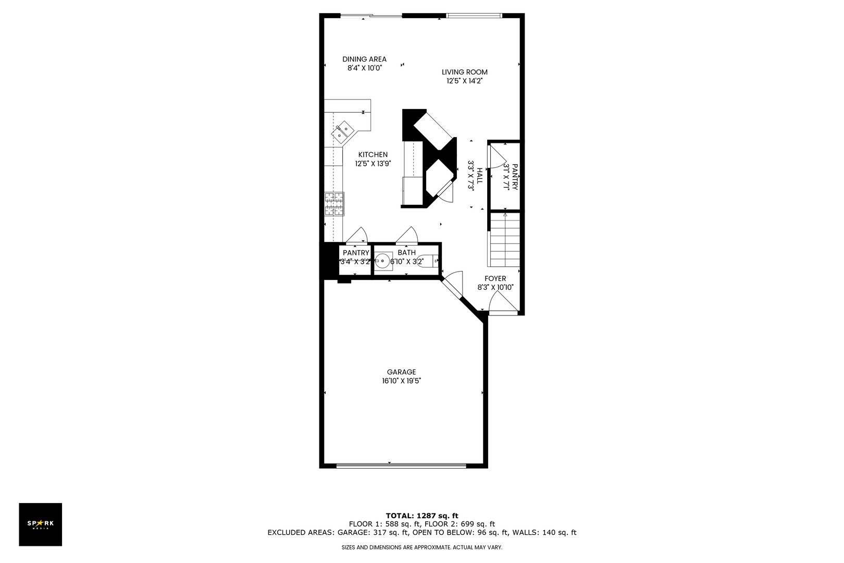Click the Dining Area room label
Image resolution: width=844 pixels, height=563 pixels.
[364, 59]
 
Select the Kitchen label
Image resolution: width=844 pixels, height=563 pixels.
[373, 154]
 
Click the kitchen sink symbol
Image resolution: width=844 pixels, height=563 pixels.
[343, 131]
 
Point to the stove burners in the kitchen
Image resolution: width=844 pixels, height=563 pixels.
[334, 204]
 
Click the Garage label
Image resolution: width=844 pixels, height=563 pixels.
[401, 372]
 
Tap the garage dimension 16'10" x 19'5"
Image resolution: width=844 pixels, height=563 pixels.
[401, 381]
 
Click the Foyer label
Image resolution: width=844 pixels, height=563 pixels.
[495, 278]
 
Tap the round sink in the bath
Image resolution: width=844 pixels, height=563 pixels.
[383, 260]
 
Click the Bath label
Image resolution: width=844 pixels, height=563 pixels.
[407, 253]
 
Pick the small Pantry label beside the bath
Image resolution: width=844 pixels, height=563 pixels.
[356, 253]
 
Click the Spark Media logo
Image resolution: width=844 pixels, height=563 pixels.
[41, 524]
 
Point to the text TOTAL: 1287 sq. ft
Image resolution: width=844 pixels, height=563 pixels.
[422, 516]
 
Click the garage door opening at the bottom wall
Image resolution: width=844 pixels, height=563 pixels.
[401, 466]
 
